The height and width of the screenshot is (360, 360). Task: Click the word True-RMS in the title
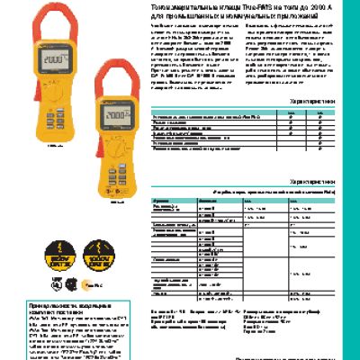click(237, 5)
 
